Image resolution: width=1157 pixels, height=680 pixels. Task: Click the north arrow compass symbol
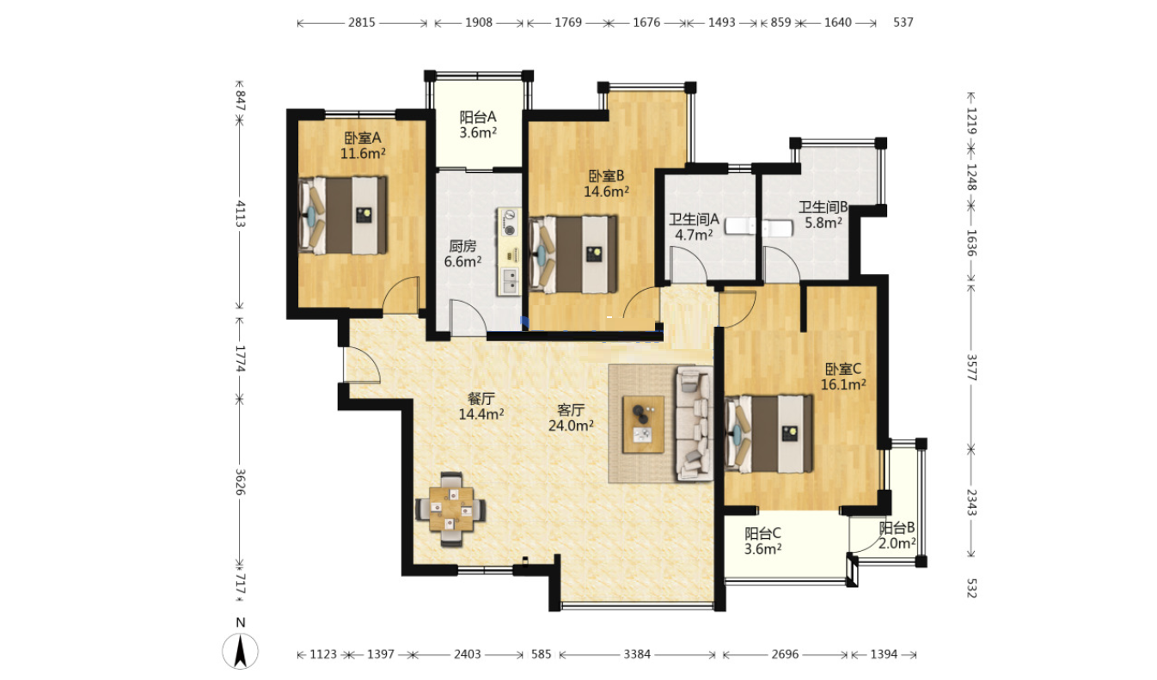240,651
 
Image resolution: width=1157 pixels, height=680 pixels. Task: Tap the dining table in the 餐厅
451,509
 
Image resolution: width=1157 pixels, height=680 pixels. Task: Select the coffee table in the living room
643,424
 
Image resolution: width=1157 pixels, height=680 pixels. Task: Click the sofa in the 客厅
695,424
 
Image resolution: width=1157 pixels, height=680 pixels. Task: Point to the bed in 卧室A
342,216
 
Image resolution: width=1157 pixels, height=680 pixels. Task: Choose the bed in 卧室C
768,434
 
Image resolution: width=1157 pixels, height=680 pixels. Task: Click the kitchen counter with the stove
509,252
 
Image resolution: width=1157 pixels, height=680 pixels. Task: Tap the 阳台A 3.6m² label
478,125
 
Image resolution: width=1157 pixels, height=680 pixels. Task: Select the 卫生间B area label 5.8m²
823,223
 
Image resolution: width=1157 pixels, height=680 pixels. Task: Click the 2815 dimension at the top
362,22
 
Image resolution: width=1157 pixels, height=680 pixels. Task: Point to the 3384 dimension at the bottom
637,655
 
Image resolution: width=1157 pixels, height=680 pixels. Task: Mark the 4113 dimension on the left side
241,214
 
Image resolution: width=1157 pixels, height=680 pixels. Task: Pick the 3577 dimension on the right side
971,367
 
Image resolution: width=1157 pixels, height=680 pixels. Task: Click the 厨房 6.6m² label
462,254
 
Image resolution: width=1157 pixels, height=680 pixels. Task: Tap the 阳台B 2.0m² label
897,536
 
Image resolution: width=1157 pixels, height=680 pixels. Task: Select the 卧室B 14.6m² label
606,184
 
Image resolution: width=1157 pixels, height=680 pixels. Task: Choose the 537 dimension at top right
903,22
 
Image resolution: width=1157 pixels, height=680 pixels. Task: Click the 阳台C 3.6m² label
763,541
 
